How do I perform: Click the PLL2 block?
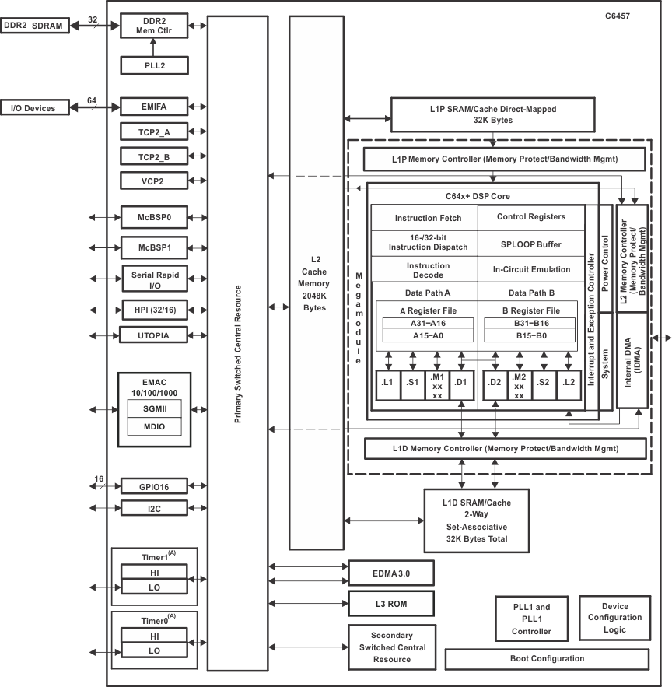tap(154, 65)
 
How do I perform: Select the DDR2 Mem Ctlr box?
tap(154, 26)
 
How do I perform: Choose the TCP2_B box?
tap(154, 156)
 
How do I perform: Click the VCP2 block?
tap(154, 181)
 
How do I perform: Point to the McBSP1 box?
tap(154, 247)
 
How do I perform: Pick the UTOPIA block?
tap(154, 335)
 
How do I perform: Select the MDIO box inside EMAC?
tap(154, 427)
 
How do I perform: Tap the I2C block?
tap(154, 508)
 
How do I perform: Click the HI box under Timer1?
tap(154, 572)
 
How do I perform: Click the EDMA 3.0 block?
tap(390, 573)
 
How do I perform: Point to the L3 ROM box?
tap(390, 602)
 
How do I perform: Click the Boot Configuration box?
tap(546, 659)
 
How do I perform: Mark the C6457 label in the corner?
tap(640, 15)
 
